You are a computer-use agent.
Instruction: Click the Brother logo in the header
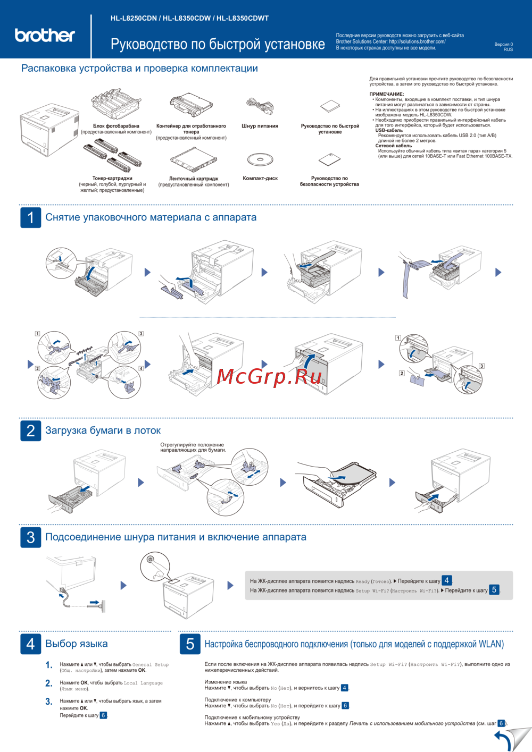(45, 35)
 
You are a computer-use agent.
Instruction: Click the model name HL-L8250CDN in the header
(134, 18)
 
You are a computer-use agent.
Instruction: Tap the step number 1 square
(30, 217)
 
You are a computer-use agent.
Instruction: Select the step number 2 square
(30, 430)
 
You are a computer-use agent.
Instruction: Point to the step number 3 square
(30, 537)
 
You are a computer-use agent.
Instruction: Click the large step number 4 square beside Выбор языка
(30, 644)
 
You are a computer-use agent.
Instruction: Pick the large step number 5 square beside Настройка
(190, 644)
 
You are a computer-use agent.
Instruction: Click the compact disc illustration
(260, 159)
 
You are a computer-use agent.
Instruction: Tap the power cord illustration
(260, 106)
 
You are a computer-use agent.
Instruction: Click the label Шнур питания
(260, 126)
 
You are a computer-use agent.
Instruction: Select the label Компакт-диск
(260, 179)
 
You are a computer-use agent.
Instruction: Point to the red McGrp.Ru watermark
(269, 376)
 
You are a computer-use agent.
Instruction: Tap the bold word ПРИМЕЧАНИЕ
(387, 94)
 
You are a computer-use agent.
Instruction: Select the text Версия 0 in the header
(503, 45)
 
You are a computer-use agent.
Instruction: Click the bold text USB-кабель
(389, 130)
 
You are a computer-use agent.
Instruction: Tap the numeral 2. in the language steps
(49, 683)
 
